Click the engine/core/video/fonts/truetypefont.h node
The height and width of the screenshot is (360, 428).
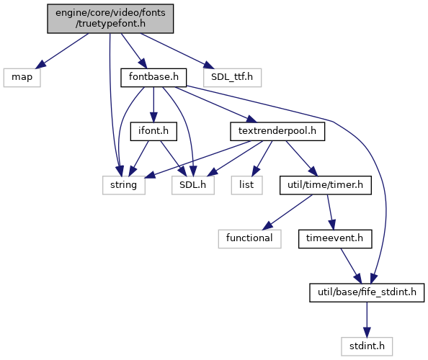pyautogui.click(x=110, y=19)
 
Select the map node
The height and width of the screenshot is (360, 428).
pyautogui.click(x=22, y=78)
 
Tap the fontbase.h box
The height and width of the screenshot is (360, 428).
pyautogui.click(x=153, y=78)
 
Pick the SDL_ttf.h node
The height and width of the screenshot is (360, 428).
pyautogui.click(x=232, y=78)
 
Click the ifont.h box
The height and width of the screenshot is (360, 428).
pyautogui.click(x=153, y=132)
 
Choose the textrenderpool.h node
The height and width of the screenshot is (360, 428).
pyautogui.click(x=277, y=132)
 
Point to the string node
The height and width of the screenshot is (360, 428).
pyautogui.click(x=124, y=185)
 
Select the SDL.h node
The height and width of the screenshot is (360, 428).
pyautogui.click(x=192, y=185)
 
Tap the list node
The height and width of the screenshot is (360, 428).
pyautogui.click(x=246, y=185)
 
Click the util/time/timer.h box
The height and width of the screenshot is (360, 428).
pyautogui.click(x=326, y=185)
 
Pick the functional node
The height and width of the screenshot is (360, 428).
pyautogui.click(x=249, y=239)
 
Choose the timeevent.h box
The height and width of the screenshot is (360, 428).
pyautogui.click(x=335, y=239)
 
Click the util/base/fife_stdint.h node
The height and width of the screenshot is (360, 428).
pyautogui.click(x=367, y=292)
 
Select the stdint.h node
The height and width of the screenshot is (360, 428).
pyautogui.click(x=367, y=346)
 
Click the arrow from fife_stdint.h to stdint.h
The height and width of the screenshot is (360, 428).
pyautogui.click(x=367, y=320)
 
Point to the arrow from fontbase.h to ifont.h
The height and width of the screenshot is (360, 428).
pyautogui.click(x=153, y=104)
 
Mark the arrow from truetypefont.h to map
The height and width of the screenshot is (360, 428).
pyautogui.click(x=63, y=50)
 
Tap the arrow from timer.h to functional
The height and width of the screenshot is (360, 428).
pyautogui.click(x=288, y=212)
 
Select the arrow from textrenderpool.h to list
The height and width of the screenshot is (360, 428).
pyautogui.click(x=262, y=158)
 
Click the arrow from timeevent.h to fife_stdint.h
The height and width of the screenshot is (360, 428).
pyautogui.click(x=351, y=266)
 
